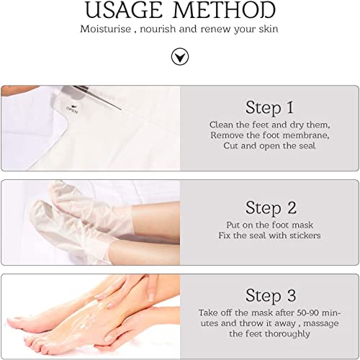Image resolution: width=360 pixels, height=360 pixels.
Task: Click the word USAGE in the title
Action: (x=124, y=10)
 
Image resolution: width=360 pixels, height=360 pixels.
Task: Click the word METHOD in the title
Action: (x=224, y=10)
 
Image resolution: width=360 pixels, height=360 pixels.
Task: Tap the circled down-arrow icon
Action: (x=180, y=57)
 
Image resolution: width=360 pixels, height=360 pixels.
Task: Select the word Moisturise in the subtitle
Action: (x=106, y=29)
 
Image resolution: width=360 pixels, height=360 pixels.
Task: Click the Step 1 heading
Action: (x=269, y=107)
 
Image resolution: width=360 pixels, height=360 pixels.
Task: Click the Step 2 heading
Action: (x=271, y=207)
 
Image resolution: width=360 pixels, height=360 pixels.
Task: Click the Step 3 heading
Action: (x=271, y=295)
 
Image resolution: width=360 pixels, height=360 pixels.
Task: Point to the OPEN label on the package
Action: (x=72, y=109)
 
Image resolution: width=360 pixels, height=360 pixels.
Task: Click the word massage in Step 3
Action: (x=321, y=324)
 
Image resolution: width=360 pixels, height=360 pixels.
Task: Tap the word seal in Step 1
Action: (x=307, y=145)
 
